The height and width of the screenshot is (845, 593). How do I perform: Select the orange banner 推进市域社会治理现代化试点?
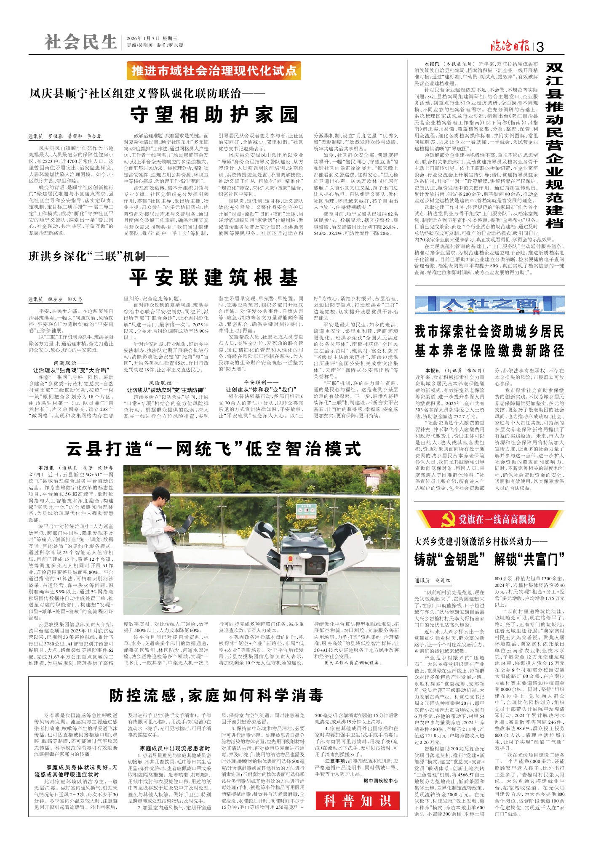coord(214,71)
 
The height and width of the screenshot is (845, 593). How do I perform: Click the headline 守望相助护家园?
coord(214,115)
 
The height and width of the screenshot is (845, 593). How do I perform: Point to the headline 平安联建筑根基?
coord(214,277)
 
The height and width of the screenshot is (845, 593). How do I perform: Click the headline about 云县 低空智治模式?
coord(214,449)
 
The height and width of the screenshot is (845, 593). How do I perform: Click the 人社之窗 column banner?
coord(489,305)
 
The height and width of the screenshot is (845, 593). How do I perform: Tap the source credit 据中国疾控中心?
coord(380,780)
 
